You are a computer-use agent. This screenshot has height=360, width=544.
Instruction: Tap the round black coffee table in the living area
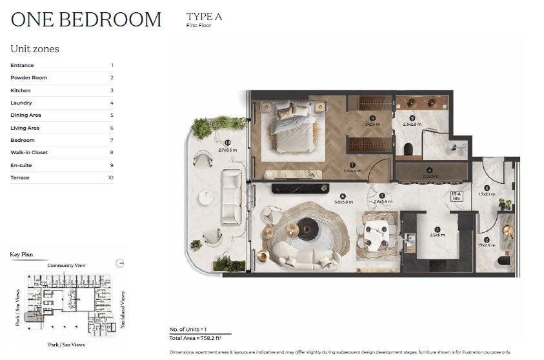[308, 228]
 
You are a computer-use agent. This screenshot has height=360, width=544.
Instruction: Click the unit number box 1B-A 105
[458, 196]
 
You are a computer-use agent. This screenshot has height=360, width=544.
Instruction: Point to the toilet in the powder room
[503, 261]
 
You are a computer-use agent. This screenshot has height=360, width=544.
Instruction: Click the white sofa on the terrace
[231, 196]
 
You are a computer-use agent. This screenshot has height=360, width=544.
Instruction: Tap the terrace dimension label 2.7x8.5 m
[227, 149]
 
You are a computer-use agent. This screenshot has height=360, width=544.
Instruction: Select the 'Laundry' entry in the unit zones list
[21, 103]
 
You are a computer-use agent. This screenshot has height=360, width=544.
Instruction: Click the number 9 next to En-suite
[111, 165]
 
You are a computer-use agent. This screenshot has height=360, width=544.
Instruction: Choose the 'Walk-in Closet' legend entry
[29, 153]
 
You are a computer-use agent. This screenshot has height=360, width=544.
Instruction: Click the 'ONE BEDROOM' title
[86, 19]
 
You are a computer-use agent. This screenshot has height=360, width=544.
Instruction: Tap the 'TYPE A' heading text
[204, 17]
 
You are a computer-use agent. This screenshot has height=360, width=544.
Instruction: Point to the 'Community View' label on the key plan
[66, 265]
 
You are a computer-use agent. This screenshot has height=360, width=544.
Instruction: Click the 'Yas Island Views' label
[123, 310]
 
